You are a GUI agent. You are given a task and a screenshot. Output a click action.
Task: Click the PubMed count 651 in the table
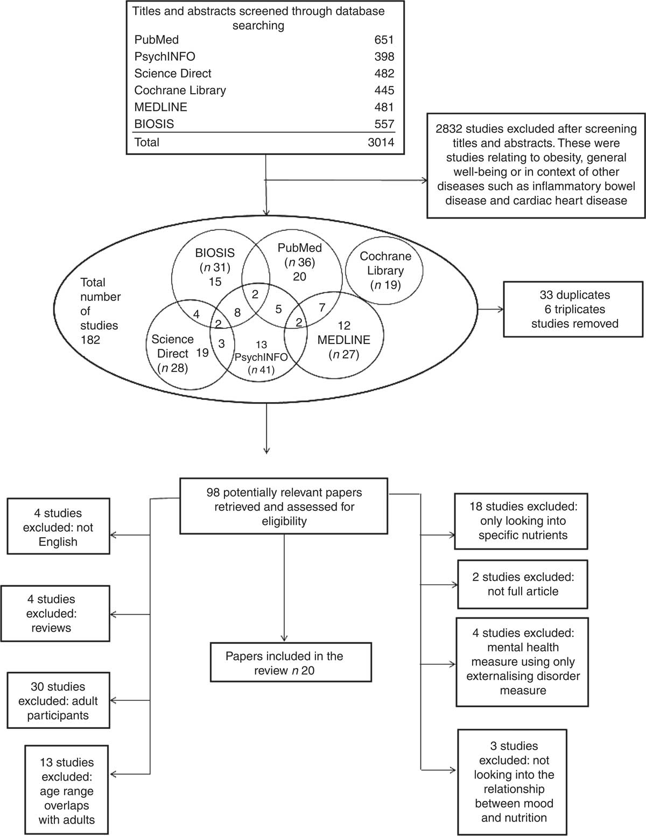pyautogui.click(x=384, y=40)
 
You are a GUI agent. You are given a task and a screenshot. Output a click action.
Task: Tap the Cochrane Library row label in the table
pyautogui.click(x=180, y=90)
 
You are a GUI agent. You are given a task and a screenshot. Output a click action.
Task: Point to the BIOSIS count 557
pyautogui.click(x=384, y=124)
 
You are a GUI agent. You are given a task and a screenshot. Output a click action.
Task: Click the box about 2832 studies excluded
pyautogui.click(x=536, y=165)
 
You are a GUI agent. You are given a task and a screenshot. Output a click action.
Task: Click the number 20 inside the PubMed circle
pyautogui.click(x=299, y=276)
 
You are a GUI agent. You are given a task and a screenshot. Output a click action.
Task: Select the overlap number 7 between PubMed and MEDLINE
pyautogui.click(x=322, y=307)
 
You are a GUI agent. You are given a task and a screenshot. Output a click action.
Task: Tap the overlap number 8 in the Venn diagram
pyautogui.click(x=237, y=312)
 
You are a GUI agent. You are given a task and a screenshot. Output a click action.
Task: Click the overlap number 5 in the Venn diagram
pyautogui.click(x=278, y=309)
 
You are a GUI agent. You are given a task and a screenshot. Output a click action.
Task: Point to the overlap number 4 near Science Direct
pyautogui.click(x=196, y=314)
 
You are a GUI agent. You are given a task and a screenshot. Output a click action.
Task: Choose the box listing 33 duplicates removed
pyautogui.click(x=574, y=309)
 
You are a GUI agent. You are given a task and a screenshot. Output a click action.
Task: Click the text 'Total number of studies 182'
pyautogui.click(x=100, y=311)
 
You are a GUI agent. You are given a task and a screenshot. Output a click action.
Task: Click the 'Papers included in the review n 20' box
pyautogui.click(x=284, y=663)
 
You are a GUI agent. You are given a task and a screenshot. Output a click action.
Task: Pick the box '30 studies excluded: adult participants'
pyautogui.click(x=58, y=700)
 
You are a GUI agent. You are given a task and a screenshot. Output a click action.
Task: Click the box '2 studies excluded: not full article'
pyautogui.click(x=522, y=584)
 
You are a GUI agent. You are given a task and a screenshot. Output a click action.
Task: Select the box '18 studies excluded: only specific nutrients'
pyautogui.click(x=522, y=521)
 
